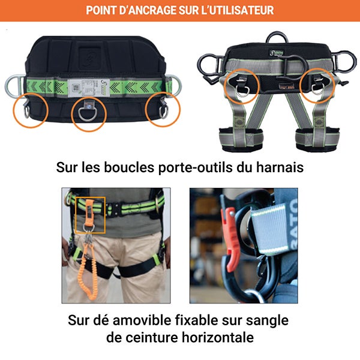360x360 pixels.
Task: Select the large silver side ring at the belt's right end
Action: pyautogui.click(x=173, y=83)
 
